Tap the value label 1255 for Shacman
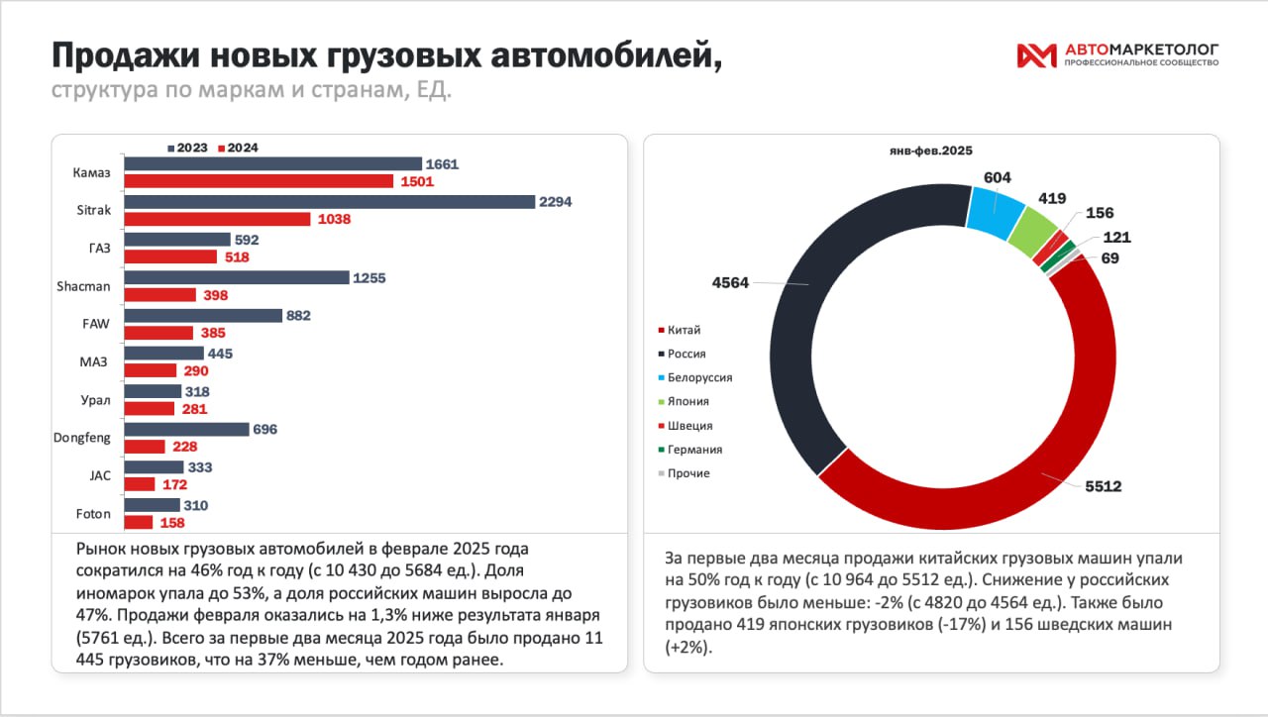[x=370, y=278]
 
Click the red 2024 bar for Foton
[x=139, y=522]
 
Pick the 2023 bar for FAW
[x=203, y=316]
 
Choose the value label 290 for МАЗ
[x=195, y=370]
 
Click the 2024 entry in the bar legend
[x=238, y=148]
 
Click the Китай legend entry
[x=685, y=330]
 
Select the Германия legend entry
[x=694, y=450]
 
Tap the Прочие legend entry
[x=688, y=473]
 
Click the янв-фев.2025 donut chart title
[x=931, y=152]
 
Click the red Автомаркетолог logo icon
[x=1036, y=56]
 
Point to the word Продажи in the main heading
[x=120, y=56]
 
